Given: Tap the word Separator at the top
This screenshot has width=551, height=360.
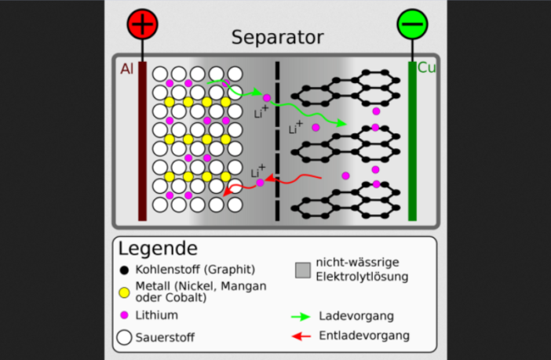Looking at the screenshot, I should tap(277, 38).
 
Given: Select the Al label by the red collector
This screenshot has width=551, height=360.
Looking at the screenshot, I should tap(126, 69).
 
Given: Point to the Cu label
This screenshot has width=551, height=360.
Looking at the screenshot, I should tap(426, 68).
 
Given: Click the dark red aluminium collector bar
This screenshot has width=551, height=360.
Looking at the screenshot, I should tap(142, 141).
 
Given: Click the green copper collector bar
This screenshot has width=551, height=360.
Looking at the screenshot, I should tap(412, 141).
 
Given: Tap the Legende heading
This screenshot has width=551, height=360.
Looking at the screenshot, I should tap(158, 249).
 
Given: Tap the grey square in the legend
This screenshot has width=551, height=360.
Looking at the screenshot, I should tap(303, 271).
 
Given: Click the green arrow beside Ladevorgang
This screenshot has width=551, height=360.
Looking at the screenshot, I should tap(301, 316).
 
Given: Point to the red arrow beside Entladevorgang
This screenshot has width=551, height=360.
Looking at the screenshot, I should tap(301, 336).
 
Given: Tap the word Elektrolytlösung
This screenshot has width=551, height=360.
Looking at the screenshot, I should tap(362, 277).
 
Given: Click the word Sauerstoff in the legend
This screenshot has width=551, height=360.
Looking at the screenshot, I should tap(165, 338).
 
